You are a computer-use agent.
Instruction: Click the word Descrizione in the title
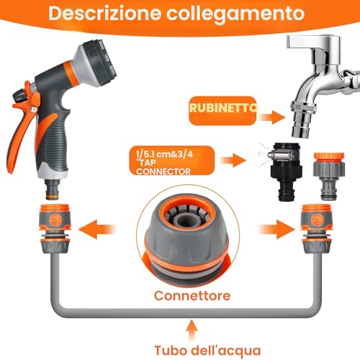point(104,13)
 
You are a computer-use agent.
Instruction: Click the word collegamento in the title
point(235,14)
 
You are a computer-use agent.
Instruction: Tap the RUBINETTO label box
point(222,111)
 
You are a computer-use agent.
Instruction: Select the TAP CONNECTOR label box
point(171,161)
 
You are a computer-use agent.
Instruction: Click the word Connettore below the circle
point(192,295)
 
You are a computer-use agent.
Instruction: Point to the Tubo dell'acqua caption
point(207,351)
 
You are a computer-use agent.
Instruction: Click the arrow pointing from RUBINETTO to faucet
point(272,117)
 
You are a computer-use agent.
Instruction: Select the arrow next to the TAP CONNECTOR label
point(233,161)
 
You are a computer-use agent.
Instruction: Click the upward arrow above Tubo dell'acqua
point(192,330)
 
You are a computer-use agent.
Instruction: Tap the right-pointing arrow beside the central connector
point(276,229)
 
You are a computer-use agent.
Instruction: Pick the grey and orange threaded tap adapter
point(329,176)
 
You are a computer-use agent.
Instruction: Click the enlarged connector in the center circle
point(188,236)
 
